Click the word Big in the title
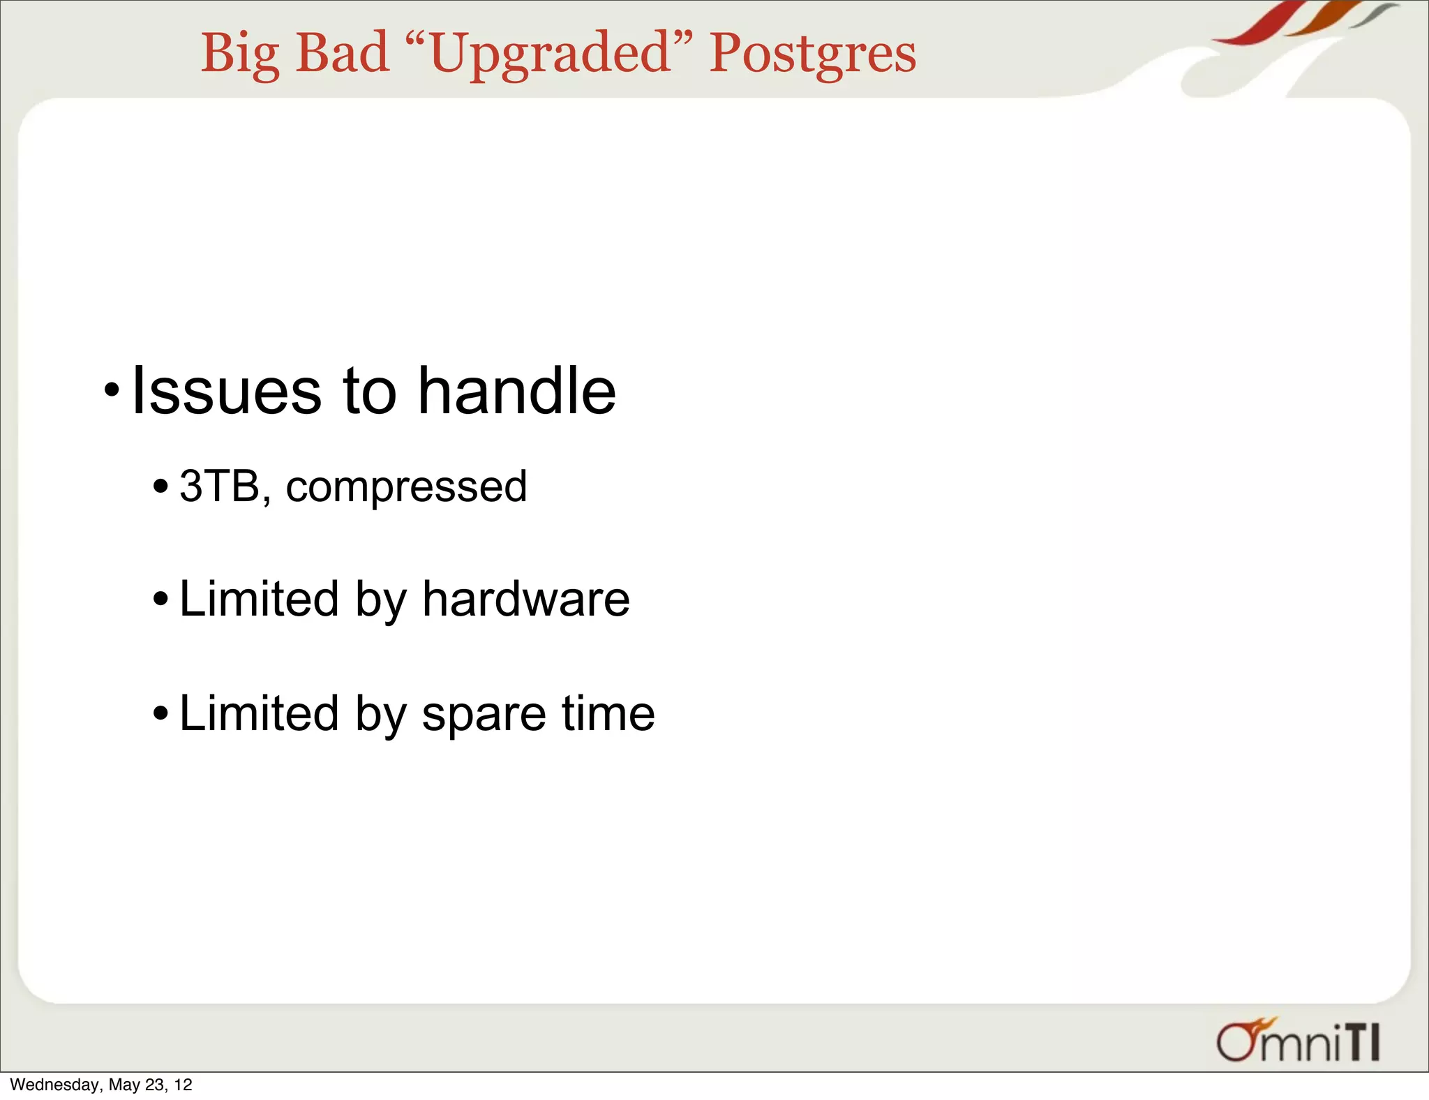pyautogui.click(x=240, y=54)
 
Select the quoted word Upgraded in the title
pyautogui.click(x=551, y=54)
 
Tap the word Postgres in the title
pyautogui.click(x=812, y=54)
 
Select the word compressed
pyautogui.click(x=406, y=487)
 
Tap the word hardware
pyautogui.click(x=525, y=599)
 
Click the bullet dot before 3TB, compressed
pyautogui.click(x=160, y=485)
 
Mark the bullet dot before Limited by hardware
pyautogui.click(x=160, y=599)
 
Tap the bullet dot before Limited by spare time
pyautogui.click(x=160, y=713)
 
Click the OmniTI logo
pyautogui.click(x=1298, y=1041)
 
